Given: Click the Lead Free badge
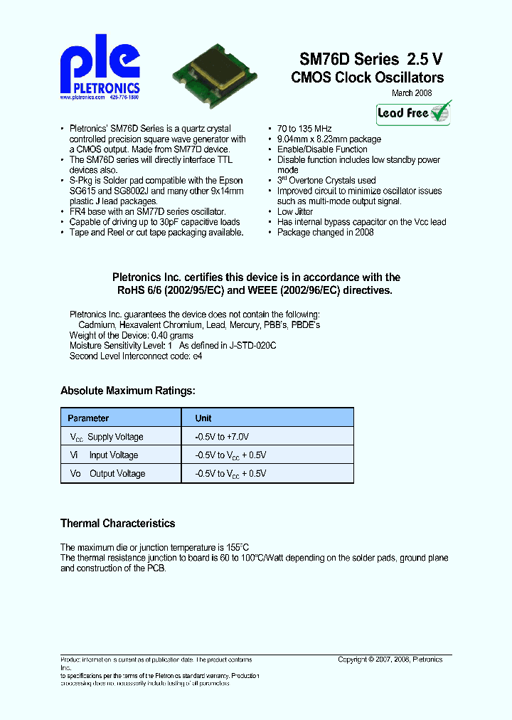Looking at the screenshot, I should click(414, 112).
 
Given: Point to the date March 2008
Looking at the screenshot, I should click(412, 93).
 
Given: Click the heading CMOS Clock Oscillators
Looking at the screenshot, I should click(367, 78).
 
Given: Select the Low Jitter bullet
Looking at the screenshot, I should click(295, 211).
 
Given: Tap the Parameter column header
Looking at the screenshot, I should click(88, 418).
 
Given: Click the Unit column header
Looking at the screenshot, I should click(203, 418).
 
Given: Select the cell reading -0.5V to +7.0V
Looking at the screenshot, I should click(222, 437).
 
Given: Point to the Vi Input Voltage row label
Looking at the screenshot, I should click(104, 455).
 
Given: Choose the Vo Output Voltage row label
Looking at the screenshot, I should click(107, 474).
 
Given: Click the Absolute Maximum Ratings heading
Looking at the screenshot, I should click(127, 391).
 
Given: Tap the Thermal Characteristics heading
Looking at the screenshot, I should click(117, 524).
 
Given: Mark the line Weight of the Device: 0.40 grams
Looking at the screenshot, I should click(132, 334).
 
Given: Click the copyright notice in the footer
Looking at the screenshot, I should click(390, 660).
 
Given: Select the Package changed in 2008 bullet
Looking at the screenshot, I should click(325, 232).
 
